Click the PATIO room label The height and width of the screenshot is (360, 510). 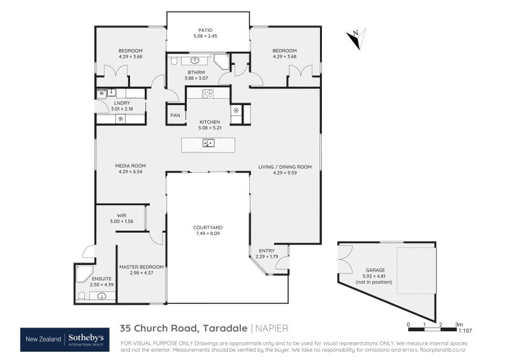click(x=205, y=29)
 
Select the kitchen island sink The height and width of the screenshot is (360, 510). click(x=208, y=143)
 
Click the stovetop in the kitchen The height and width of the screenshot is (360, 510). click(x=208, y=94)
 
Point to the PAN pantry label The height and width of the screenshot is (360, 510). click(x=175, y=115)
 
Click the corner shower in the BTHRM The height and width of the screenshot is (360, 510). click(x=221, y=62)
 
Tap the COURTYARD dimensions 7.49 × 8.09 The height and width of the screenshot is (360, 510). click(x=207, y=233)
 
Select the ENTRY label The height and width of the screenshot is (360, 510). click(x=266, y=250)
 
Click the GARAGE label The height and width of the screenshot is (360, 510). click(x=375, y=270)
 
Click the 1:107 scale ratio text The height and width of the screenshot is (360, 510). click(x=465, y=331)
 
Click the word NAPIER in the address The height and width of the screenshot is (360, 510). click(x=272, y=328)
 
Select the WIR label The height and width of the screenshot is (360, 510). click(x=121, y=215)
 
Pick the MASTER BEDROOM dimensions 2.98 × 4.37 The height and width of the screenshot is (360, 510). click(x=141, y=273)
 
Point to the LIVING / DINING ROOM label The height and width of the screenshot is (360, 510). click(x=284, y=167)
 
